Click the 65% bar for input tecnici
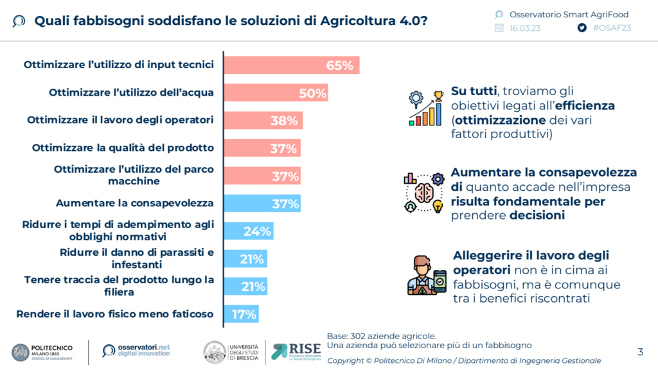[290, 66]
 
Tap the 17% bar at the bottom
[241, 314]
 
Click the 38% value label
[283, 121]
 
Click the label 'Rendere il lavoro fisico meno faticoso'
[115, 314]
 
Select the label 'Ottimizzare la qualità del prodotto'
[123, 148]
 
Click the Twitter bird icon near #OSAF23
[582, 28]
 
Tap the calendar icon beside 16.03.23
[499, 28]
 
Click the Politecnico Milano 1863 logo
[42, 351]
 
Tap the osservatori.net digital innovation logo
[136, 351]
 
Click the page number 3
[640, 351]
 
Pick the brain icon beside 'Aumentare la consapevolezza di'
[423, 193]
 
